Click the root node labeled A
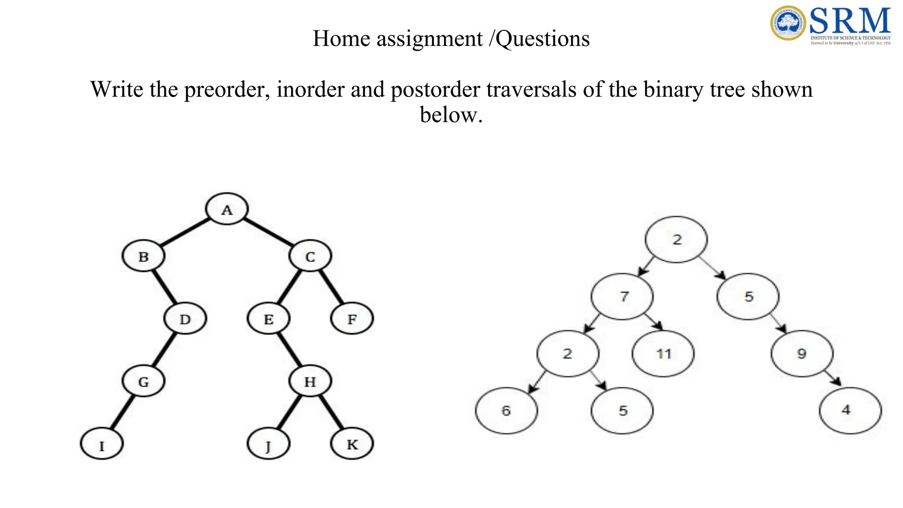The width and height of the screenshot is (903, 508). [227, 209]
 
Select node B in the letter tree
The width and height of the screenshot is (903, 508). [143, 256]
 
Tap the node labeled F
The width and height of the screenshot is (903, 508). [352, 319]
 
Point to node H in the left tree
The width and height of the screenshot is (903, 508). [310, 381]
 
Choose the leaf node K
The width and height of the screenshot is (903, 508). [352, 444]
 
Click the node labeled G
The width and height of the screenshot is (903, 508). [143, 381]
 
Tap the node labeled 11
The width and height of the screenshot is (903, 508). [663, 354]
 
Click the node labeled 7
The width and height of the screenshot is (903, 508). [622, 296]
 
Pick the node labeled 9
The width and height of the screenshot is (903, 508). [802, 354]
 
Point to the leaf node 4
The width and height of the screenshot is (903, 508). [850, 411]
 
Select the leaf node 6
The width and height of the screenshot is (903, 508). [506, 411]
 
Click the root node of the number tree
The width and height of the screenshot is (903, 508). [676, 239]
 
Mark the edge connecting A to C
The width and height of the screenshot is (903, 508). [268, 232]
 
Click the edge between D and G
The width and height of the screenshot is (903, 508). [164, 350]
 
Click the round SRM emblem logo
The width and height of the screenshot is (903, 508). [788, 23]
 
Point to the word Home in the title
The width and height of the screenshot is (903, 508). [341, 39]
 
